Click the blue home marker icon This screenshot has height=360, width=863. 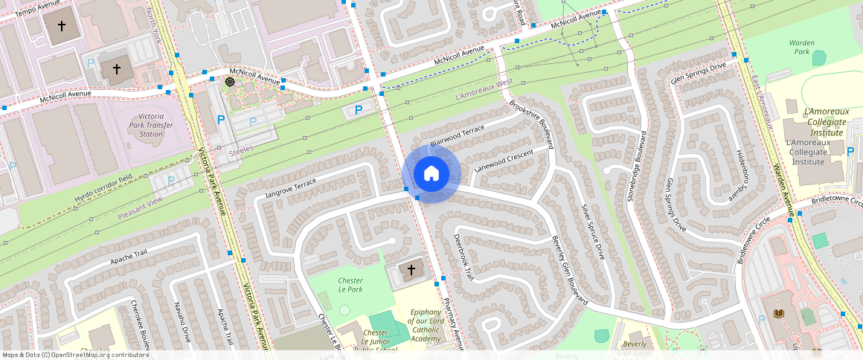point(431,174)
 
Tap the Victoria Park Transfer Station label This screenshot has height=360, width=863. point(151,125)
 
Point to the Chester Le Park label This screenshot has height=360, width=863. point(350,285)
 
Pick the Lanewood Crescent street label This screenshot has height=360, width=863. point(504,161)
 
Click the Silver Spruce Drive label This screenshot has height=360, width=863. point(593,231)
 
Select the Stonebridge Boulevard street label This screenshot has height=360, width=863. point(644,172)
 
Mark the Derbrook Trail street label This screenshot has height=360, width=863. point(463,257)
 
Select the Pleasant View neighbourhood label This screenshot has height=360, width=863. point(140,201)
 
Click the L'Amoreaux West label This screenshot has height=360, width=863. point(484,90)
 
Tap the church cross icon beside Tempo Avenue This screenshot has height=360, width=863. point(62,26)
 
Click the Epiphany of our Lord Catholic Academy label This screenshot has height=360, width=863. point(426,326)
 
